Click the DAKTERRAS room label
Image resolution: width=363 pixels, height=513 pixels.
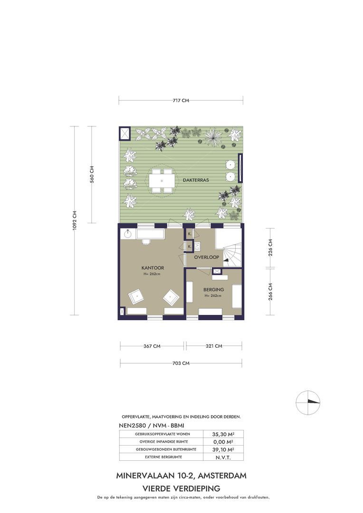(x=196, y=180)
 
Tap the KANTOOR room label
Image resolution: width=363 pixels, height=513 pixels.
(x=153, y=267)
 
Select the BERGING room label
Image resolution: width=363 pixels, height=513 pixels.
(x=213, y=290)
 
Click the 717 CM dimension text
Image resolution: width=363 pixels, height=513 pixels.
(x=181, y=100)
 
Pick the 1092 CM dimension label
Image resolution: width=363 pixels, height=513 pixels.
(x=74, y=220)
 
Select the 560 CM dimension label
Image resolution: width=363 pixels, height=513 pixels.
(x=92, y=174)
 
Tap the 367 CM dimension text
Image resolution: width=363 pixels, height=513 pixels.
(x=152, y=346)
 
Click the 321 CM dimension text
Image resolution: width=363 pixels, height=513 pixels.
(x=214, y=346)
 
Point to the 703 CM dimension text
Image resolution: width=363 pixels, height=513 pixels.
(x=181, y=363)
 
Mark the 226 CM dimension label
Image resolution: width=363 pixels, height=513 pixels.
(x=270, y=247)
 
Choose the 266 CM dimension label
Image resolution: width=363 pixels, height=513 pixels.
(x=270, y=291)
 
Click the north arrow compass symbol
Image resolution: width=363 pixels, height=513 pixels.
(x=308, y=402)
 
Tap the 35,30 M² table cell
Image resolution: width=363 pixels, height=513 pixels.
(x=223, y=434)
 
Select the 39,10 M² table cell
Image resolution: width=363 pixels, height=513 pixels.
(x=223, y=449)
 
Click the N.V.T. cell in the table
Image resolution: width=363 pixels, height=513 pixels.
(x=223, y=457)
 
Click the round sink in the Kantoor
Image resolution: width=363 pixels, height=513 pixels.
(x=128, y=234)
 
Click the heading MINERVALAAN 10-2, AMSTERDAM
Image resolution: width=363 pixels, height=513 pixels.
(x=181, y=475)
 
